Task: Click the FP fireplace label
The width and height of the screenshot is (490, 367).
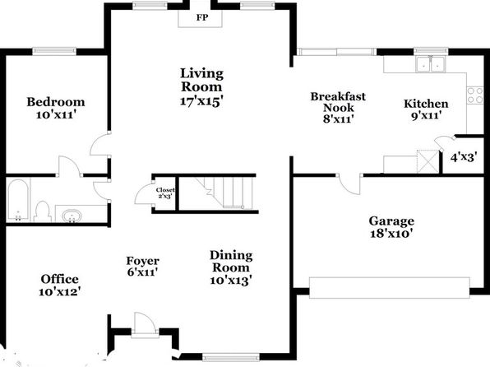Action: point(202,17)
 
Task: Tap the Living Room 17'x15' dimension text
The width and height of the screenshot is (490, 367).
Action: point(202,101)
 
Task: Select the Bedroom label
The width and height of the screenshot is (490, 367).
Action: point(56,102)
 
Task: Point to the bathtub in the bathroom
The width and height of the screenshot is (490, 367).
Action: point(18,200)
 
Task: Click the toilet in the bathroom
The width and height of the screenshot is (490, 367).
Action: point(43,211)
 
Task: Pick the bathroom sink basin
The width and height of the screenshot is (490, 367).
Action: point(72,216)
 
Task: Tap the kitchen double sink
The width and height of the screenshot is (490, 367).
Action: point(431,63)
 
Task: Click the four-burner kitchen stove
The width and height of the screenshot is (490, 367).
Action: point(475,95)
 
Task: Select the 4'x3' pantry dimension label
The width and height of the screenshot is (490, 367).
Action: point(464,156)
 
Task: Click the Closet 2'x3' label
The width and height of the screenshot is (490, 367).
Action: point(165,193)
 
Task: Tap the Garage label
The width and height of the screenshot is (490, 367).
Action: point(391,221)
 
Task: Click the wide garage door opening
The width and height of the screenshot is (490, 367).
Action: point(390,287)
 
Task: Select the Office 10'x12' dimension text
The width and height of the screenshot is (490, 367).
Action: point(60,291)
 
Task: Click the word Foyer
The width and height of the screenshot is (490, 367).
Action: point(142,261)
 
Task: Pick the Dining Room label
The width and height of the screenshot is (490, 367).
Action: point(231,261)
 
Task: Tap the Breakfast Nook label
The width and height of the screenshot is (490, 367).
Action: point(338,102)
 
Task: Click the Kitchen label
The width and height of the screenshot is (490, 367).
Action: point(426,104)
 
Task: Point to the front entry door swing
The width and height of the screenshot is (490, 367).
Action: point(145,324)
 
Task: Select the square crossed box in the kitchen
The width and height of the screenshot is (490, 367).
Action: point(428,161)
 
